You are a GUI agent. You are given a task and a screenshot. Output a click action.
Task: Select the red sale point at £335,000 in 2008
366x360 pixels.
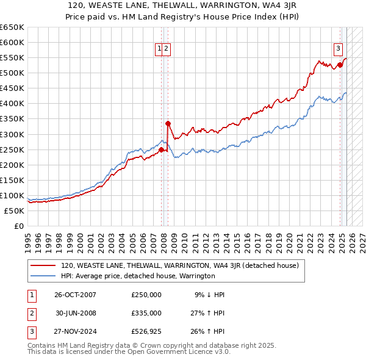point(168,123)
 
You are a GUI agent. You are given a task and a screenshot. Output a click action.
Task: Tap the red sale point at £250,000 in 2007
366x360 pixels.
point(161,149)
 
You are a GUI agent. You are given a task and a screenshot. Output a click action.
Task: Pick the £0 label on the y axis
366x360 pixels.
point(18,226)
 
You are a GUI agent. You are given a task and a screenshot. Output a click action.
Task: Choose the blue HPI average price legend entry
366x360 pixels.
point(138,276)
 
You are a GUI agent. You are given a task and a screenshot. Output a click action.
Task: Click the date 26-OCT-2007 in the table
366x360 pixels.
point(75,295)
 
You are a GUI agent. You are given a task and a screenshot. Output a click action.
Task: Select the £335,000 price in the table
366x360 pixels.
point(146,313)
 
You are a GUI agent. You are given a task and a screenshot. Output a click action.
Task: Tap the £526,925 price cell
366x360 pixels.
point(146,332)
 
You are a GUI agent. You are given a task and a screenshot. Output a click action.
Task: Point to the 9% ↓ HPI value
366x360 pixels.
point(210,295)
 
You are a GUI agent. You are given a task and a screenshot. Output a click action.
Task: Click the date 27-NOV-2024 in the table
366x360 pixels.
point(75,332)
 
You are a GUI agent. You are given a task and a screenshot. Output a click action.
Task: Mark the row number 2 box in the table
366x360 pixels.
point(30,313)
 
